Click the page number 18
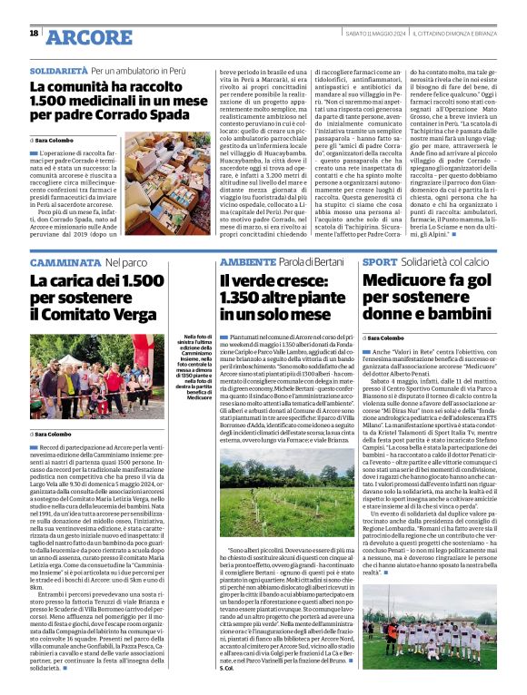(34, 34)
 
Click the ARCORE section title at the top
(89, 36)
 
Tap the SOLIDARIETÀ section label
(58, 69)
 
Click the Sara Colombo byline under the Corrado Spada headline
(55, 141)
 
